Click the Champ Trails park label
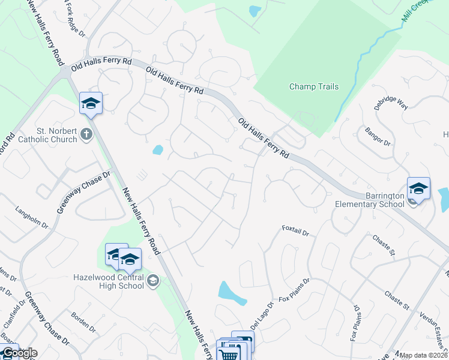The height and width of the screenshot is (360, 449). point(314,86)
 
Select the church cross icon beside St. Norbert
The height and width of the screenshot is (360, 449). point(86,133)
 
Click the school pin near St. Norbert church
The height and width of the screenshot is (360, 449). point(91,103)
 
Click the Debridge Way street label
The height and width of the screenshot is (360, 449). point(390,103)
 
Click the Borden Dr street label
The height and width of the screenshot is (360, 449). point(83,322)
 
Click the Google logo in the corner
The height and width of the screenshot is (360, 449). point(19,353)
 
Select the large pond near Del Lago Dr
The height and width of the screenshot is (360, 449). point(231,292)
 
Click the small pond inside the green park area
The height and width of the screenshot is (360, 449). point(255,11)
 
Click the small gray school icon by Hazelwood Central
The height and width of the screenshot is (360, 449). point(153,280)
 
